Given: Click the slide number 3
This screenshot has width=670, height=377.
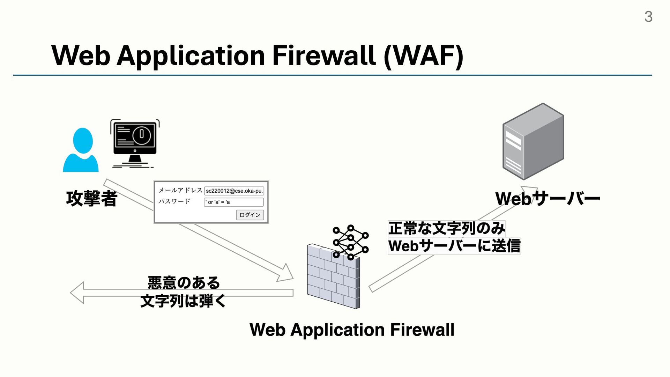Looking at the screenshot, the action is pos(648,16).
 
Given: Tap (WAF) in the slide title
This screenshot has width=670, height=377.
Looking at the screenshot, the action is pos(423,56).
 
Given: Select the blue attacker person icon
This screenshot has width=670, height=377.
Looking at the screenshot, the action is pos(81,150).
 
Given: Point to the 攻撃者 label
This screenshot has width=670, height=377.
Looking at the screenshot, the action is pos(92,199).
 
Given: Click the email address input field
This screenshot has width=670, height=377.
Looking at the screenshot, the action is pos(234,191).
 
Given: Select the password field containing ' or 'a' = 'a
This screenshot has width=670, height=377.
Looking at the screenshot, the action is pos(234,202).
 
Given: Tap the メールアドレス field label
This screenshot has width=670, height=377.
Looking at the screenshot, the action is pos(180,190).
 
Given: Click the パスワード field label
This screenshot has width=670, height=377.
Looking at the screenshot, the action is pos(174,201).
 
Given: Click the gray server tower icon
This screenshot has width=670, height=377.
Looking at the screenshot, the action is pos(533,141).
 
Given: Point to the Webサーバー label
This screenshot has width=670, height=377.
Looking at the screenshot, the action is pos(548,199).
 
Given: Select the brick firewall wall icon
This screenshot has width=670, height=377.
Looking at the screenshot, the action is pos(333,276).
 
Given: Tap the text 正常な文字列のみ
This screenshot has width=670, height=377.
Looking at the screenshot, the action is pos(447,229).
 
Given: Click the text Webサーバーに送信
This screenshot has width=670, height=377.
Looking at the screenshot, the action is pos(454,246).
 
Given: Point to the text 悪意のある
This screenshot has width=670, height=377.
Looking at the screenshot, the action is pos(184,282).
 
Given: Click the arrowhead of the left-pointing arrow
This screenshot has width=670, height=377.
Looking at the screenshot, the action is pos(77,293).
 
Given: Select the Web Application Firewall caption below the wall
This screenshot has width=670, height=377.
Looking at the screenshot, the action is pos(352,330).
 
